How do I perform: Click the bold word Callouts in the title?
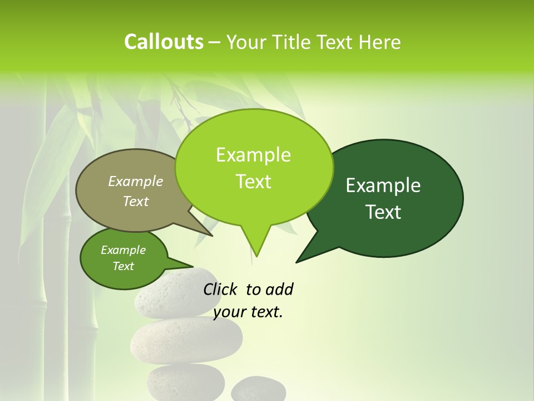pos(164,42)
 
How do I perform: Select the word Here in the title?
pos(380,42)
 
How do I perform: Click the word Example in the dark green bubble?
pos(383,185)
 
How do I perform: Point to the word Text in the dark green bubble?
pos(383,212)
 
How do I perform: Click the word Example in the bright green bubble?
pos(253,155)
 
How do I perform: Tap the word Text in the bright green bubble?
pos(253,182)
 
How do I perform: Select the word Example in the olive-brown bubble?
pos(136,181)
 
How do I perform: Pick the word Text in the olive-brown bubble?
pos(136,201)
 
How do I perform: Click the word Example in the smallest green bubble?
pos(123,250)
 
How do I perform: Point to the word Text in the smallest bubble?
pos(123,266)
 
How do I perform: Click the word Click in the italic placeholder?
pos(220,289)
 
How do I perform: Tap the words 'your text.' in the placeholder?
pos(248,312)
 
